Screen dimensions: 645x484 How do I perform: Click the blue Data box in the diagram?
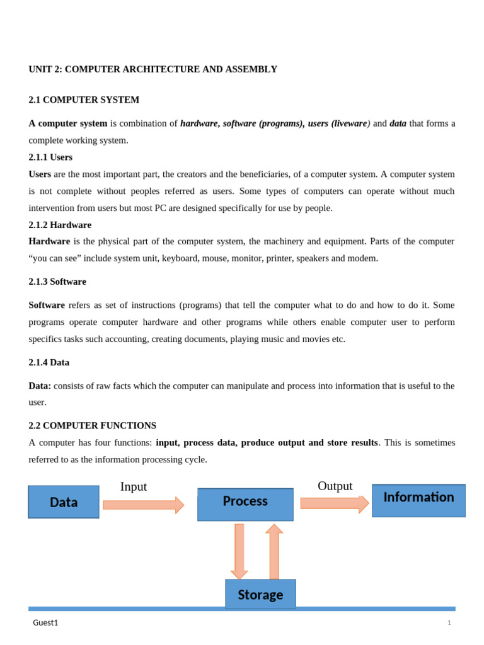point(64,502)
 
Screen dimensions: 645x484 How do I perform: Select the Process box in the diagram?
point(245,505)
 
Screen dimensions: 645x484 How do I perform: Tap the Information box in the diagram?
point(418,500)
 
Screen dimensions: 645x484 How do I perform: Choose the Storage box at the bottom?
point(260,594)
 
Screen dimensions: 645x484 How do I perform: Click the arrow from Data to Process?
point(143,505)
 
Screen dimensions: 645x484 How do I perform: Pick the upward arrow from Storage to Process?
point(274,551)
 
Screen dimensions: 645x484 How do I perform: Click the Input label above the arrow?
point(134,487)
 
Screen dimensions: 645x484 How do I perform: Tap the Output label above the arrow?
point(335,486)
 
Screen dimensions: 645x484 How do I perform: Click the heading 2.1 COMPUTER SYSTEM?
point(84,100)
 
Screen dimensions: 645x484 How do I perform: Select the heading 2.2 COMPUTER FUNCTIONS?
point(92,426)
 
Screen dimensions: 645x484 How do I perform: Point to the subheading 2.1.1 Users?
point(50,157)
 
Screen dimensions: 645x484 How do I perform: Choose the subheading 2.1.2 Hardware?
point(60,225)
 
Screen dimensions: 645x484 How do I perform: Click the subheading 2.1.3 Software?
point(57,282)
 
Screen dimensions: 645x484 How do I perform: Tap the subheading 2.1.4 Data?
point(49,362)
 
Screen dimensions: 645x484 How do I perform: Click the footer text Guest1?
point(45,623)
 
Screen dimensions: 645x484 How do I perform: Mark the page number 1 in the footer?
point(449,623)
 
